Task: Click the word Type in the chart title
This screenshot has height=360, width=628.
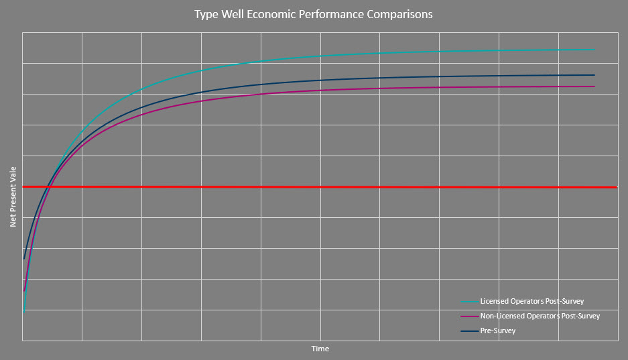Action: pyautogui.click(x=206, y=14)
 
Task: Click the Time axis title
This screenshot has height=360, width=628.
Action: pyautogui.click(x=320, y=349)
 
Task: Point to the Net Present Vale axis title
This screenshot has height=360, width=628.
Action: pyautogui.click(x=13, y=198)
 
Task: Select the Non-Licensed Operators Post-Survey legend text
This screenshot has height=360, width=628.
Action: pyautogui.click(x=540, y=316)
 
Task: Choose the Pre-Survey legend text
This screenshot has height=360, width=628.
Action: pyautogui.click(x=498, y=331)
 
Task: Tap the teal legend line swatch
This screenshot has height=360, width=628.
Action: pyautogui.click(x=469, y=302)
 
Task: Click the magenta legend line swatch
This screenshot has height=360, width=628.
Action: pyautogui.click(x=469, y=316)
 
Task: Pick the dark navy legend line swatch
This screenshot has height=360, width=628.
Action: pyautogui.click(x=469, y=331)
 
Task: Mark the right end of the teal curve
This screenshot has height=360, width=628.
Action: pyautogui.click(x=594, y=50)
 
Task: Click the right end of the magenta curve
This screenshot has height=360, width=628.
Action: pyautogui.click(x=594, y=86)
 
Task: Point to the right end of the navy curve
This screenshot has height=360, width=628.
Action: pyautogui.click(x=594, y=75)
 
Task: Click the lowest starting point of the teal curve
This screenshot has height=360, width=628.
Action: pyautogui.click(x=23, y=311)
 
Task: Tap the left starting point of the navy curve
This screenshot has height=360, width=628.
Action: pyautogui.click(x=24, y=258)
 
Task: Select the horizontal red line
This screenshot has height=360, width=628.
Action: pyautogui.click(x=335, y=187)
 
